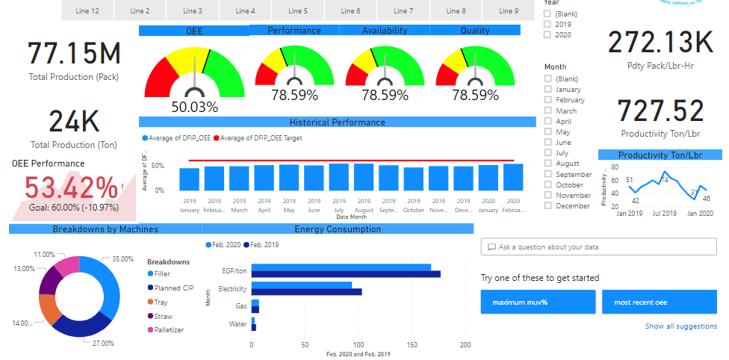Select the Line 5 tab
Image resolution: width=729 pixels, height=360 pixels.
pos(298,11)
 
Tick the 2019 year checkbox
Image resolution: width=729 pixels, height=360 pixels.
pos(548,24)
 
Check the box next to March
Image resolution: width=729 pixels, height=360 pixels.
pos(548,111)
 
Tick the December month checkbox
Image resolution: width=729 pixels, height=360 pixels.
pos(548,206)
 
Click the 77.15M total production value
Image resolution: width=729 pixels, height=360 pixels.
pos(74,54)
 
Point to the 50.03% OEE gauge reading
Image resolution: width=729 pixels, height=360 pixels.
pos(194,107)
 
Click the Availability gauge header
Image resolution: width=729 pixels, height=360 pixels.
pos(385,31)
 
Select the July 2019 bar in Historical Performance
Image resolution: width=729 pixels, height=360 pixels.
pos(339,177)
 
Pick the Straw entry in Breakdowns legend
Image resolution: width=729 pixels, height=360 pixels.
pos(163,317)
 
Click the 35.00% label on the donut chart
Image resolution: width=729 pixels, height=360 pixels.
pos(122,258)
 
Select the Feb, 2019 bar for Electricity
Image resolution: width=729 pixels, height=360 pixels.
pos(307,292)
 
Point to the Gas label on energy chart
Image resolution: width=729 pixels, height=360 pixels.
pos(241,306)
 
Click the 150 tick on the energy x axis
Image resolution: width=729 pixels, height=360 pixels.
pos(412,346)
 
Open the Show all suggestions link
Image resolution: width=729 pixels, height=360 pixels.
pos(680,326)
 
